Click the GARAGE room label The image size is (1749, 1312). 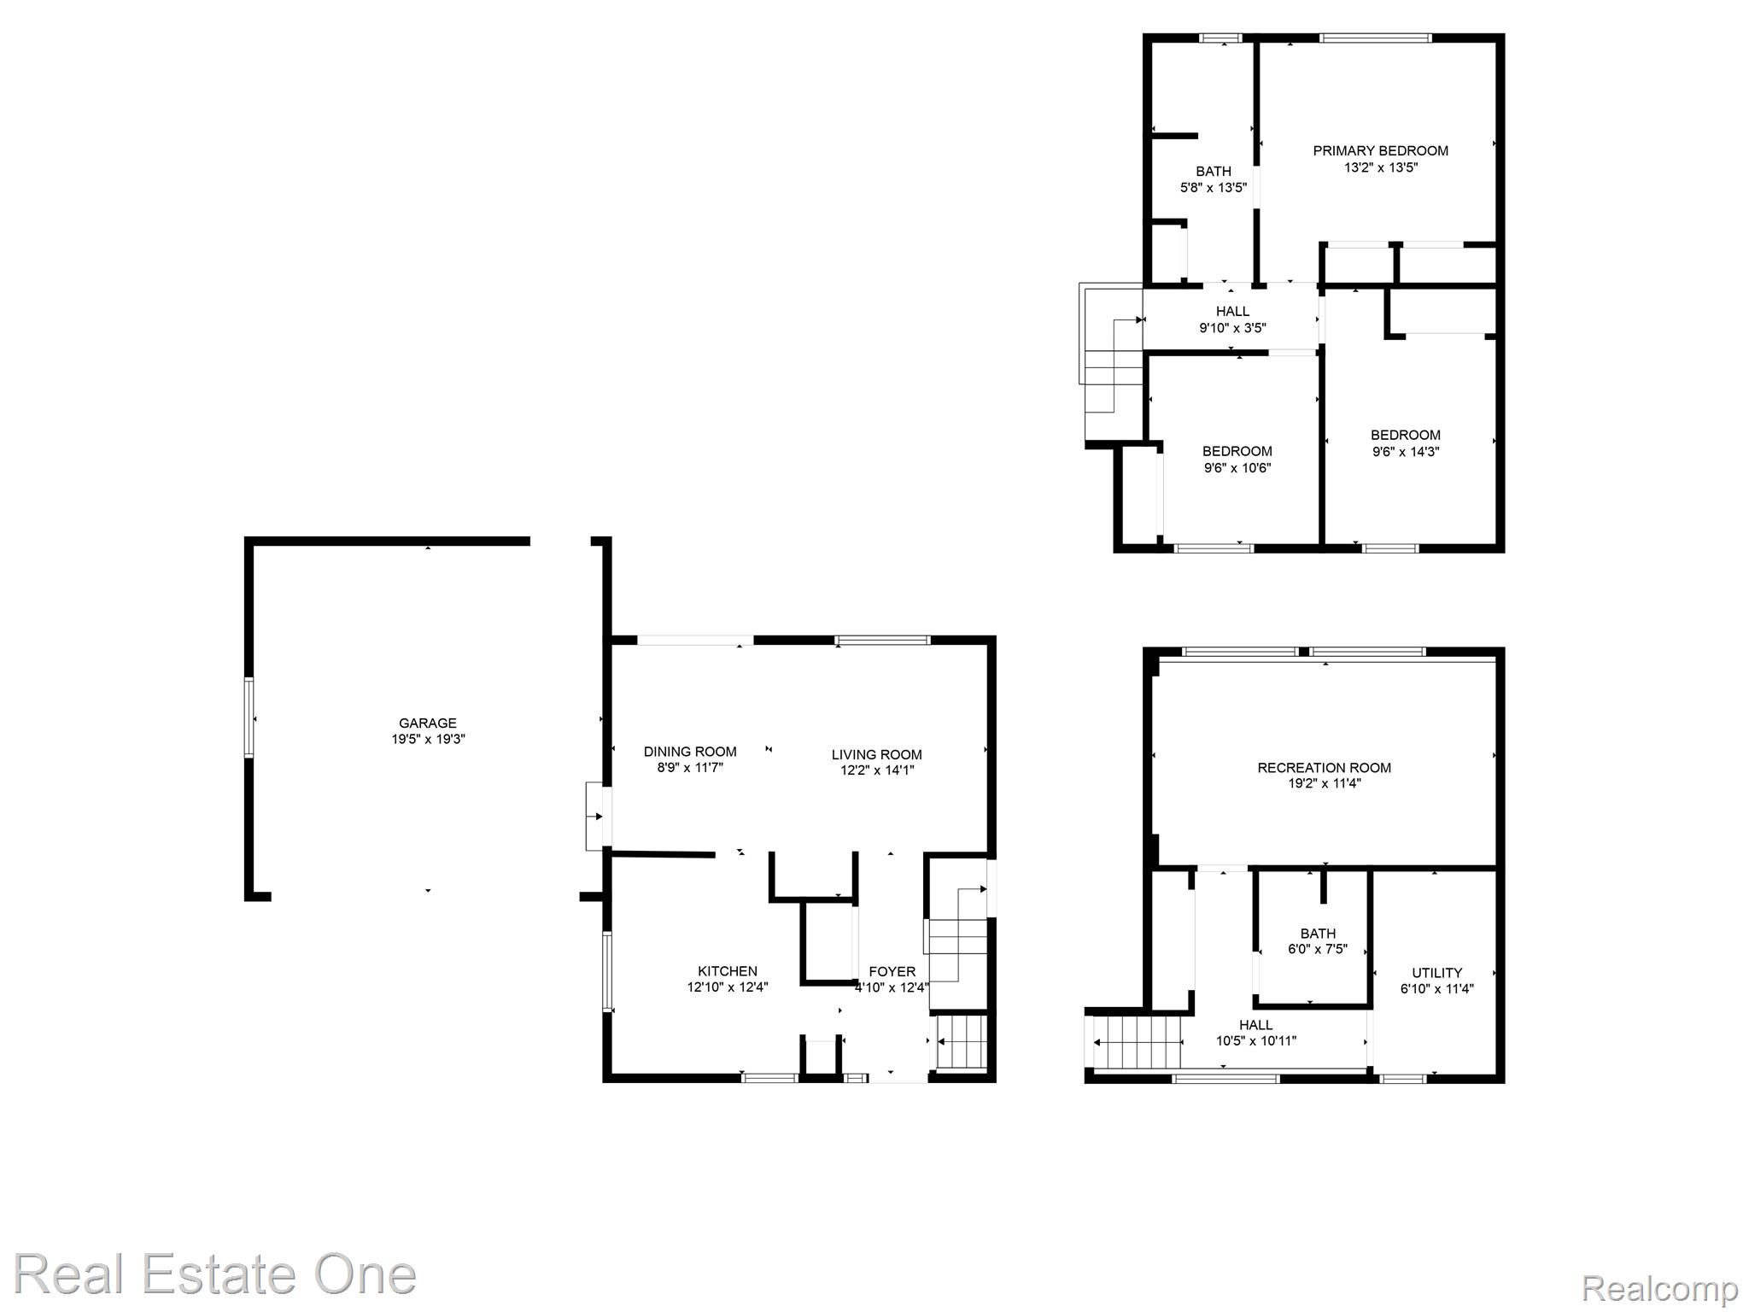(427, 723)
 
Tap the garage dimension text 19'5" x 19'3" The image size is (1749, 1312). (427, 740)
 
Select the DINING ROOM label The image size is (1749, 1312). (689, 752)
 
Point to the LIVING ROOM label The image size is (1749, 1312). (876, 754)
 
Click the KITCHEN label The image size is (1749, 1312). (727, 971)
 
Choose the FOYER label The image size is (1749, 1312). (892, 971)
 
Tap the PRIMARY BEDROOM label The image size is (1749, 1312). (1380, 151)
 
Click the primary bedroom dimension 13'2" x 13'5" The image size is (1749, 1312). (1380, 168)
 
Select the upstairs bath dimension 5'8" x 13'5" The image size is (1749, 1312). (1213, 188)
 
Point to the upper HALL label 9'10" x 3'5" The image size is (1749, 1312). (1231, 319)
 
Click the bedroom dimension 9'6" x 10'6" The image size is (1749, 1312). (1237, 468)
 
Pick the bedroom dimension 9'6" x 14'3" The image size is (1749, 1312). (1405, 452)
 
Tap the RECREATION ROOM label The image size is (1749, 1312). (1324, 768)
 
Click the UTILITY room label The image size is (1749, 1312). (1436, 973)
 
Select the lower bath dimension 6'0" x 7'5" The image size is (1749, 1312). (1317, 949)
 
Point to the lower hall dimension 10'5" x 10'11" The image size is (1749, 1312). (1255, 1041)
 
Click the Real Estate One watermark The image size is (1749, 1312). (214, 1274)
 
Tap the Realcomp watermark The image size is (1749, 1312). (1659, 1288)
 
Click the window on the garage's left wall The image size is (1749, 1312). (249, 717)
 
